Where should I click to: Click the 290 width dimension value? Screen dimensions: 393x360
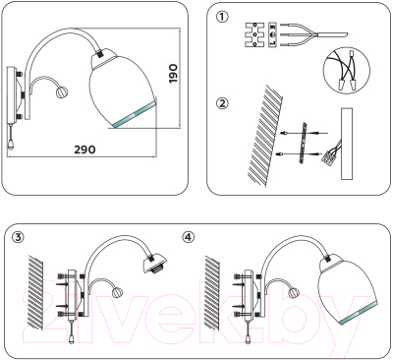(84, 150)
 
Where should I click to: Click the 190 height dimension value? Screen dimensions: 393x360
(173, 74)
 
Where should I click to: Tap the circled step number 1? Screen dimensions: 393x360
(223, 17)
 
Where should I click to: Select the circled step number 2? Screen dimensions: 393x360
(222, 103)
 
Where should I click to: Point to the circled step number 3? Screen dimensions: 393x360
(18, 237)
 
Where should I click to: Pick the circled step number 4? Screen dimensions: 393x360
(188, 237)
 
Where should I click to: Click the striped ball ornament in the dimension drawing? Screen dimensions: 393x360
(61, 90)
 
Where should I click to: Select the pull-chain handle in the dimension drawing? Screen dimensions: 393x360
(11, 145)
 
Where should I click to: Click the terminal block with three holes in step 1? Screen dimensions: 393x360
(254, 34)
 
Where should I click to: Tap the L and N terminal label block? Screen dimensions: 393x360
(272, 34)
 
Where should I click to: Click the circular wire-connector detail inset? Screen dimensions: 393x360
(347, 72)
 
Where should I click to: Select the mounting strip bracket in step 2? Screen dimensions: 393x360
(304, 143)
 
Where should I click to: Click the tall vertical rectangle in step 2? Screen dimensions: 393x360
(347, 144)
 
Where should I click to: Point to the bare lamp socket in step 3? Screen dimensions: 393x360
(156, 264)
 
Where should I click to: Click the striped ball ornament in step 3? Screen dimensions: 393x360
(117, 292)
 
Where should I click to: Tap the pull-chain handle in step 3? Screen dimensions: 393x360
(72, 340)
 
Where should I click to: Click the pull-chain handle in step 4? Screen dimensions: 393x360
(249, 340)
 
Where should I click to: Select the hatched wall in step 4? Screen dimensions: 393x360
(212, 292)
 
